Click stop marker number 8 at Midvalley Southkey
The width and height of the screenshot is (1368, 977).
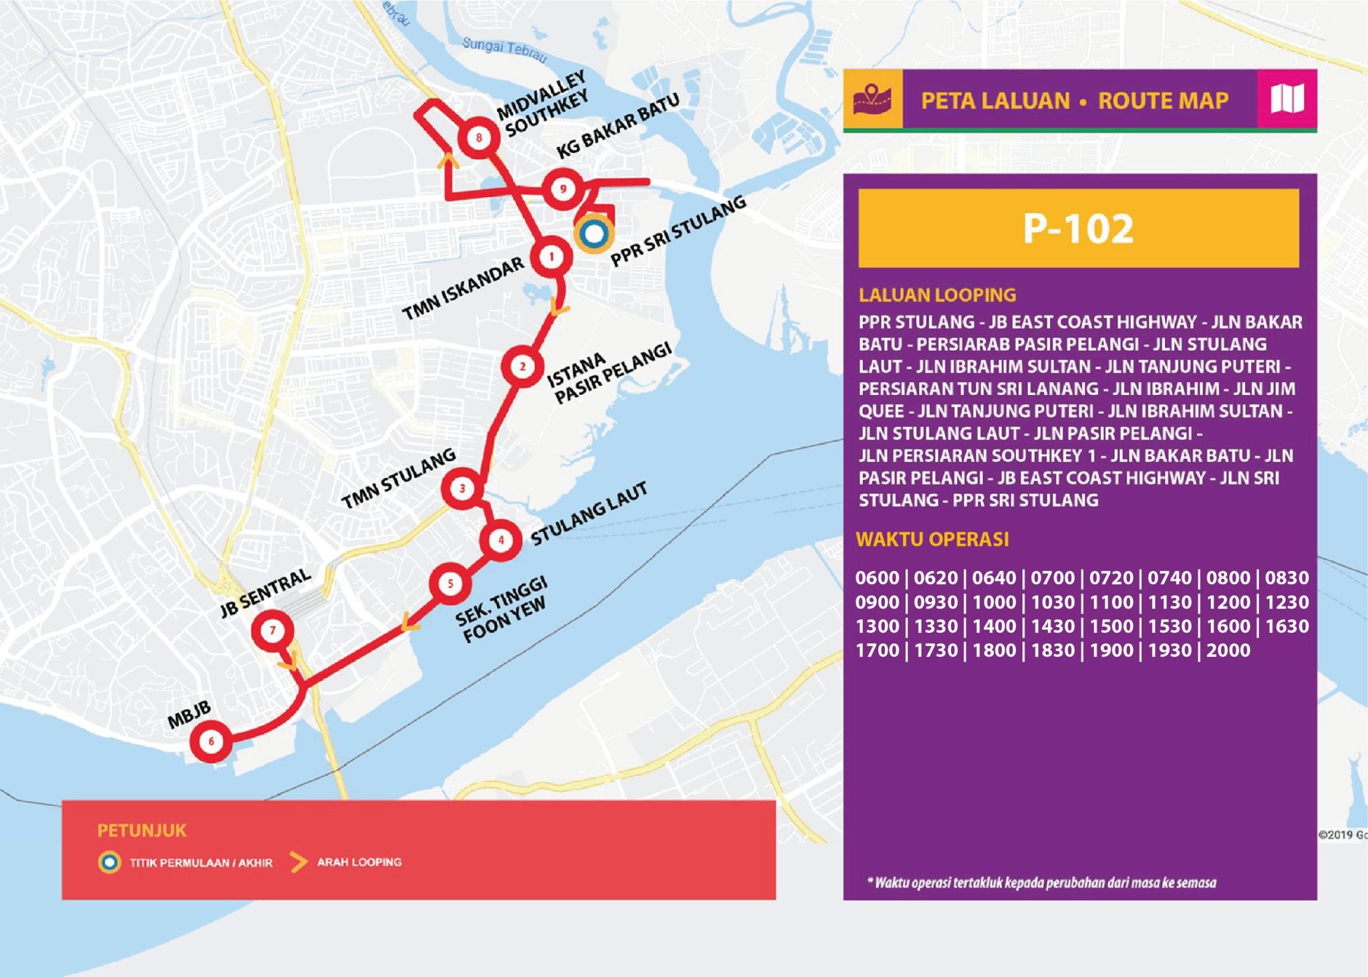point(478,138)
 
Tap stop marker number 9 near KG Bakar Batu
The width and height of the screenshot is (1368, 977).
point(563,189)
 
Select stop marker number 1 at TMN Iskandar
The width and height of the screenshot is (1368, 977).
point(551,257)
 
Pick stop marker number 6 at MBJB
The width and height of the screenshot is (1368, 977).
point(211,741)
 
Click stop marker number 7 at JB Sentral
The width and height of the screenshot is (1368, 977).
point(272,630)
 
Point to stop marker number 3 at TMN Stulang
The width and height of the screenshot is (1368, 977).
point(462,488)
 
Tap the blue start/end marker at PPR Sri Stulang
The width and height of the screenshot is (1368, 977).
point(593,235)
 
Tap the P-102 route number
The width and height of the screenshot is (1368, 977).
point(1078,229)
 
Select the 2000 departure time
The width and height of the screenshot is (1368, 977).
point(1228,650)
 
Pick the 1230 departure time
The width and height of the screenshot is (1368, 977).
point(1287,602)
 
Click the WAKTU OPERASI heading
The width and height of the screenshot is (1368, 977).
point(932,539)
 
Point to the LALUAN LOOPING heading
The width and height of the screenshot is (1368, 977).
point(937,295)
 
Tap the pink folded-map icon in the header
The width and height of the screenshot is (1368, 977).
point(1287,100)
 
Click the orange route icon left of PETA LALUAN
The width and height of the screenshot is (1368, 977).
point(872,100)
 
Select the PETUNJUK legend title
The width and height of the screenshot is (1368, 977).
point(142,831)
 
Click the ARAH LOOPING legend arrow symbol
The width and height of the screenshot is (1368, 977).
point(299,862)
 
